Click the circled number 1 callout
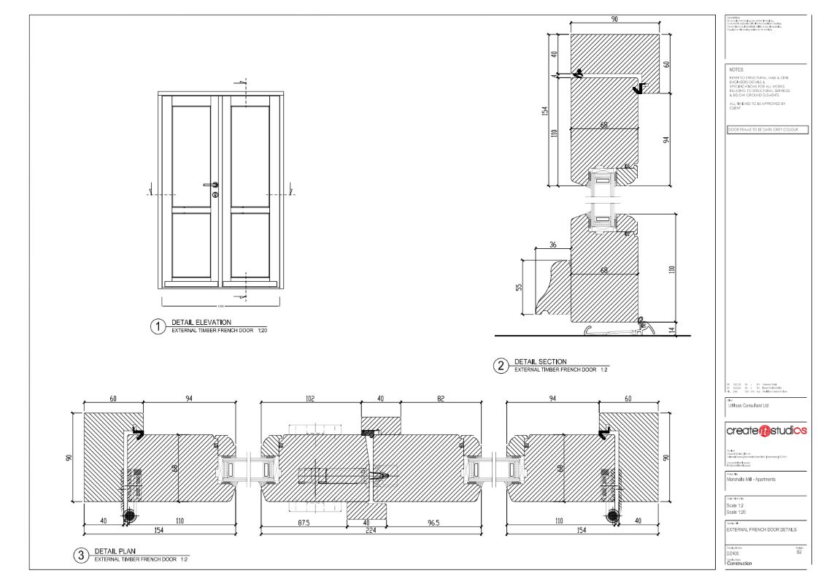156,326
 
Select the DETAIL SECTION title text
541,361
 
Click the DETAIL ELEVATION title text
201,322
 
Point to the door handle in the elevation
214,185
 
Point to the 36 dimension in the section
552,244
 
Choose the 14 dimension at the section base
672,330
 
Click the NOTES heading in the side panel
736,70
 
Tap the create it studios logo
766,431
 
